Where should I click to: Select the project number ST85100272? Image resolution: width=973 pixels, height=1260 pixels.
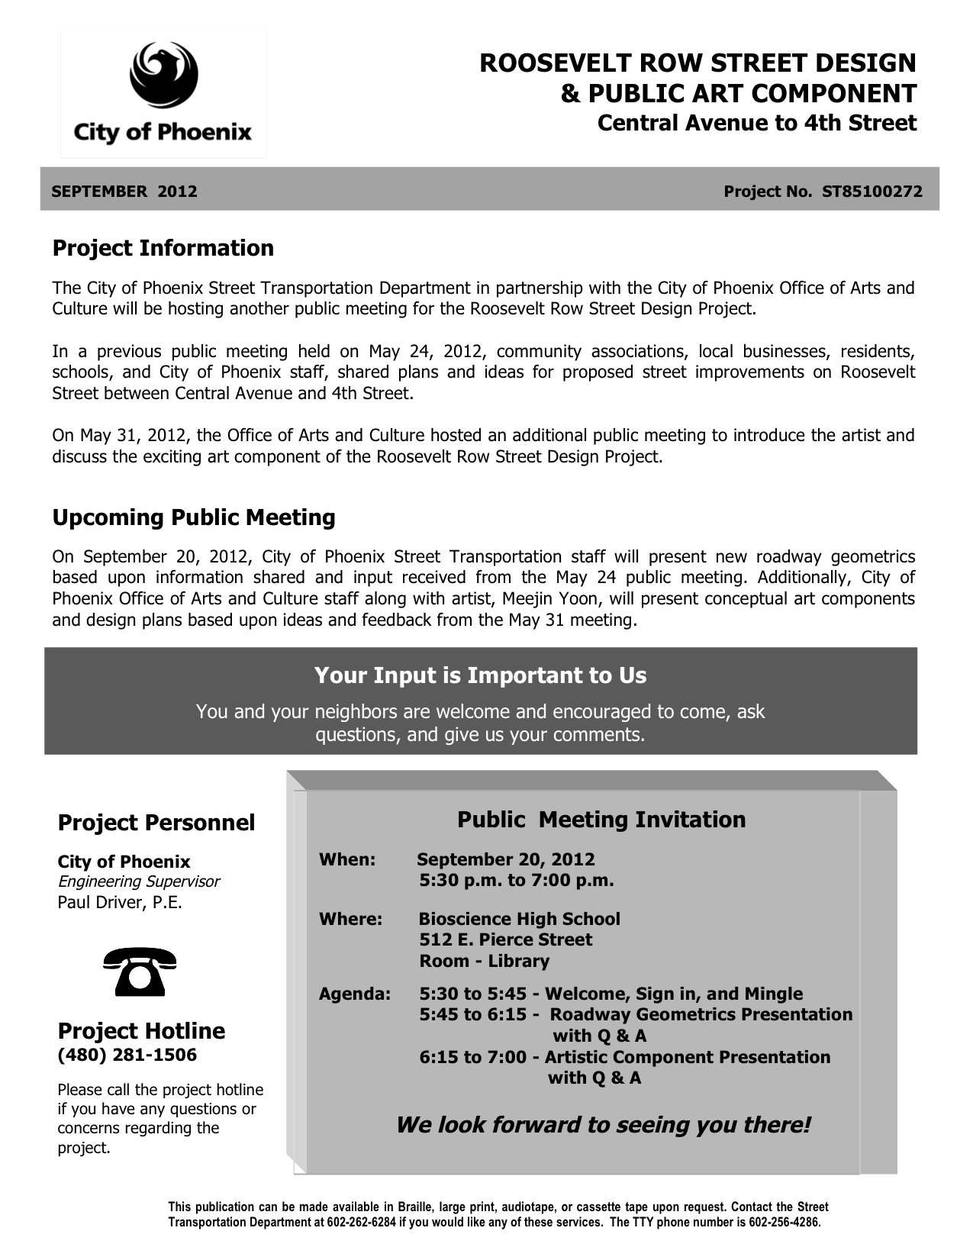[872, 192]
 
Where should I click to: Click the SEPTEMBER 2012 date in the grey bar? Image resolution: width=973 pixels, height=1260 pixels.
[124, 192]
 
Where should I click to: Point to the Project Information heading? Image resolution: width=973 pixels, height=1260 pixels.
[163, 248]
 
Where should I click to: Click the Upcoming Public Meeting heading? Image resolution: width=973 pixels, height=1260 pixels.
[193, 517]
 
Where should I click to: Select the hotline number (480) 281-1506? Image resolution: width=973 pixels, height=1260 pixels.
[127, 1055]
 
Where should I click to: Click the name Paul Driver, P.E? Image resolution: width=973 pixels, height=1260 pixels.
[120, 902]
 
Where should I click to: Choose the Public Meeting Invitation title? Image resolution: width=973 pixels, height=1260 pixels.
[601, 820]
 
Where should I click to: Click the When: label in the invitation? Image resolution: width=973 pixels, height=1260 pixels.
[346, 859]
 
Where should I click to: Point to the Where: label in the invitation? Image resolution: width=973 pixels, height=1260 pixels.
[350, 919]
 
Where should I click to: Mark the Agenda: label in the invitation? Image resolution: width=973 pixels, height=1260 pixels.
[354, 994]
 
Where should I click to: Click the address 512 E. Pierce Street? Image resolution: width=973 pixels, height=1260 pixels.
[505, 939]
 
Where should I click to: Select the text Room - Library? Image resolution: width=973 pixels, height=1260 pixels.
[484, 961]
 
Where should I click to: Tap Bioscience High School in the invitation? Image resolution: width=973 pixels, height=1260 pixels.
[519, 919]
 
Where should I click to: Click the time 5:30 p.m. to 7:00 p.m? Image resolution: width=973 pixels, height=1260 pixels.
[516, 880]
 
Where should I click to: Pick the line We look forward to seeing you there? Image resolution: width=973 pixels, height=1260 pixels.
[603, 1125]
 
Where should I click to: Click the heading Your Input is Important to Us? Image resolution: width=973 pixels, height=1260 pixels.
[480, 675]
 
